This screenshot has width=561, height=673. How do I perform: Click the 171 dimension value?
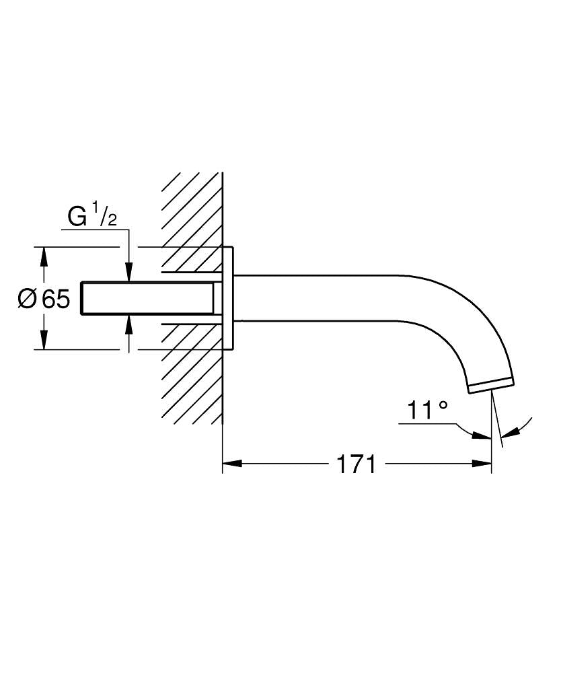point(356,464)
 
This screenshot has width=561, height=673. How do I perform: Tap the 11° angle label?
point(427,410)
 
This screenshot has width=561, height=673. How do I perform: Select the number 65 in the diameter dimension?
point(56,299)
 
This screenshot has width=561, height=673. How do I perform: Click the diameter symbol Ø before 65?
point(27,299)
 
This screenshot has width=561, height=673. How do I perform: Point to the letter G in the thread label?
point(77,217)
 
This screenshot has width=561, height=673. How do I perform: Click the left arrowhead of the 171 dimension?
point(231,463)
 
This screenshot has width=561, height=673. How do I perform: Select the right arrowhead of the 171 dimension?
point(483,463)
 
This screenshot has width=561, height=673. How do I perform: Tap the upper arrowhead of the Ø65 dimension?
point(44,256)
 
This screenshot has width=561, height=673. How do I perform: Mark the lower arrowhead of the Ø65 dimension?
point(44,341)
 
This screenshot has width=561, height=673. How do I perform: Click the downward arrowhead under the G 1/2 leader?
point(129,273)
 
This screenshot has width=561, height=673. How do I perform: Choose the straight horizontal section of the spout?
point(316,298)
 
